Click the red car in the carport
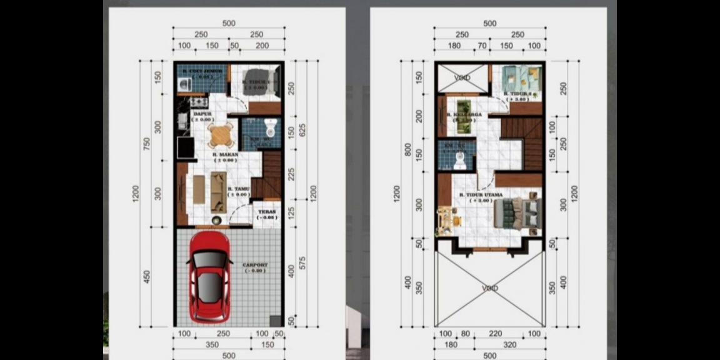click(x=209, y=277)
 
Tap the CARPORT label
click(x=255, y=265)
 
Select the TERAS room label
click(x=267, y=211)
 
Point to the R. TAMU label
click(x=239, y=189)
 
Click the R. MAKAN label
click(x=223, y=154)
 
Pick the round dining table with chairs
click(x=221, y=134)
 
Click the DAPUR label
click(x=201, y=114)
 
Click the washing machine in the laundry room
click(x=184, y=84)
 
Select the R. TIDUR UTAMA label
click(x=481, y=195)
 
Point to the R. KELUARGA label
click(x=461, y=116)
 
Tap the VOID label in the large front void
click(x=491, y=288)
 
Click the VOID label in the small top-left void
click(x=462, y=78)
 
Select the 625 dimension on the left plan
click(x=302, y=130)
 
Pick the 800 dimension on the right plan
click(x=408, y=150)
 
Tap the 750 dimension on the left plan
click(x=147, y=144)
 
